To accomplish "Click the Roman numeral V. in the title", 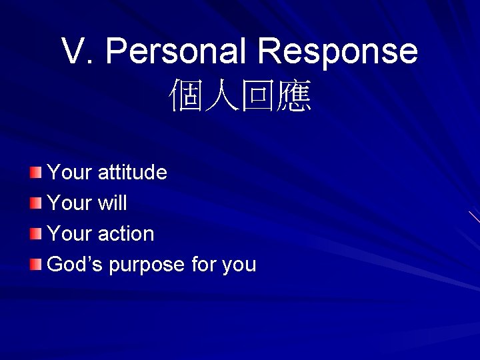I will (x=79, y=51).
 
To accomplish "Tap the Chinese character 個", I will (x=186, y=97).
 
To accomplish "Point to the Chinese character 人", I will (x=222, y=97).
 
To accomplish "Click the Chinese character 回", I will (x=258, y=97).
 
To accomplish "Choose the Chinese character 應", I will (x=294, y=97).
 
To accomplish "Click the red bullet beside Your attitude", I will (x=35, y=173).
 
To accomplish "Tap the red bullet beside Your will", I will (x=35, y=203).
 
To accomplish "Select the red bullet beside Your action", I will (x=35, y=234).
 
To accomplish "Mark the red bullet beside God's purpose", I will (x=35, y=265).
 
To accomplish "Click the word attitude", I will (x=132, y=173).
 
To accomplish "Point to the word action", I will (x=125, y=234).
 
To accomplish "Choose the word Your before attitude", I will (x=69, y=173).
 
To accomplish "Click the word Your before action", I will (x=69, y=234).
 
